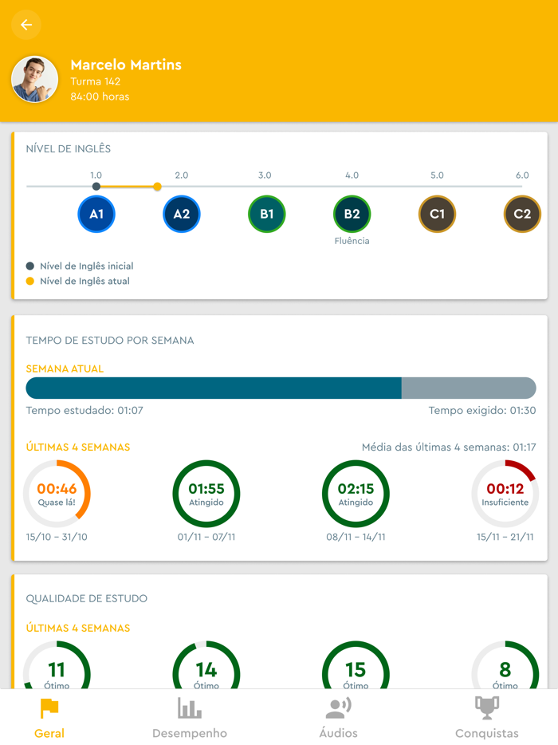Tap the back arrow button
point(26,26)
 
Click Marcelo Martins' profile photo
point(34,79)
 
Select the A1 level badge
point(96,214)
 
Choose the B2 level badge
point(352,214)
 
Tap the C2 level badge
point(522,214)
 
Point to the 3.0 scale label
point(265,175)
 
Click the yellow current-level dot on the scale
point(157,187)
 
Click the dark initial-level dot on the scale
point(96,187)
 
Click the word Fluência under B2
point(352,241)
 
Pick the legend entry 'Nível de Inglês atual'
point(84,281)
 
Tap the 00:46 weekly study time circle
point(57,494)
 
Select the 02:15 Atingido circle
point(356,494)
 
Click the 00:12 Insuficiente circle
point(505,494)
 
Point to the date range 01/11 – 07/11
point(206,537)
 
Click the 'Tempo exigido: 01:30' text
point(481,411)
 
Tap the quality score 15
point(356,670)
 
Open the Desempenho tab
point(190,718)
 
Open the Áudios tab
point(339,718)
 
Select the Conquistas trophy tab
point(486,718)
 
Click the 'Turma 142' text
point(96,81)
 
